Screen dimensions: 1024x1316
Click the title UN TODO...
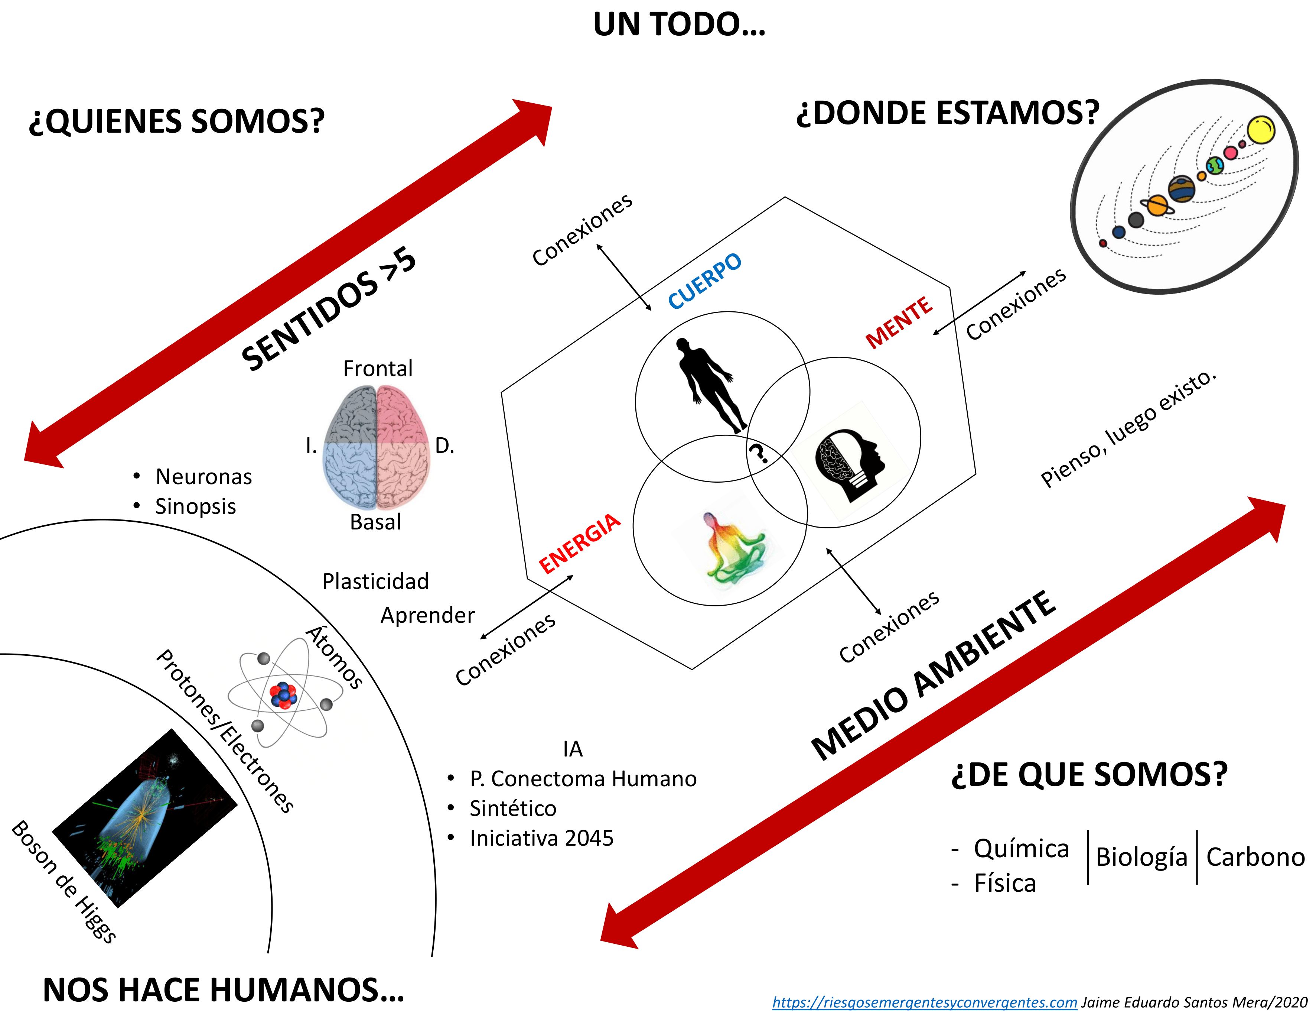(x=679, y=25)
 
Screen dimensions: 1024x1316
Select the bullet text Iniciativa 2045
(x=541, y=838)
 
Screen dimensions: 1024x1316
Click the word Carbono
(x=1255, y=857)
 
